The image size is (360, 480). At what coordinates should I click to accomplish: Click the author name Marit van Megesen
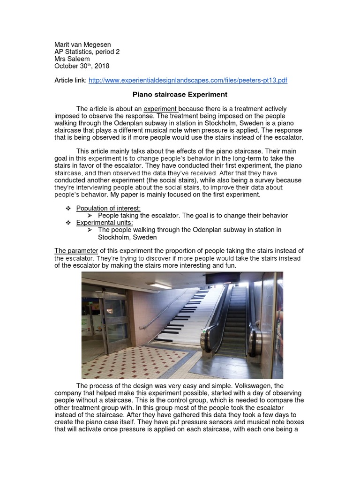(82, 45)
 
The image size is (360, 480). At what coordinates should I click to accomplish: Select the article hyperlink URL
(187, 81)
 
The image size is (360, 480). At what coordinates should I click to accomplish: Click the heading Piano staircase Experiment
(180, 95)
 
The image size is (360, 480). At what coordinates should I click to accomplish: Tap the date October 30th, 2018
(82, 67)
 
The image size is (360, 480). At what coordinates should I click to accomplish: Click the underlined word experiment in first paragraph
(160, 109)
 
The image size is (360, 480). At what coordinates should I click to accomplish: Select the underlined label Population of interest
(108, 208)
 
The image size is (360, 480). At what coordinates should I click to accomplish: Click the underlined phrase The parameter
(76, 251)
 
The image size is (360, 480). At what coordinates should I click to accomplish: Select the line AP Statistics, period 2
(87, 52)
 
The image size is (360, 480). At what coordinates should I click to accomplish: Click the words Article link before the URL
(70, 81)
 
